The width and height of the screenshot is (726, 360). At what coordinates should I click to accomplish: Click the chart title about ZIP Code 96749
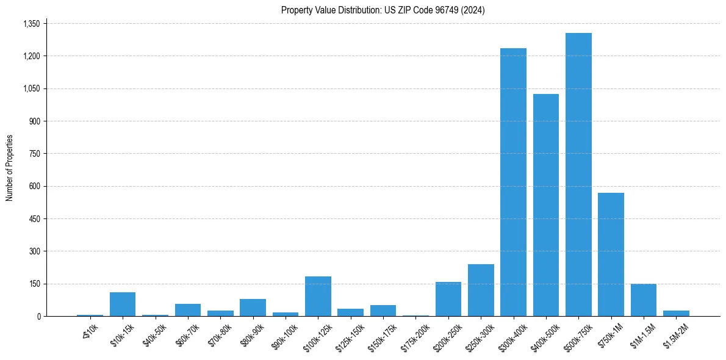tap(383, 10)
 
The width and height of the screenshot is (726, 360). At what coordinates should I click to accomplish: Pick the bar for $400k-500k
tap(546, 205)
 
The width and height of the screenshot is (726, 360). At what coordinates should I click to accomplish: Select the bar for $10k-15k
tap(123, 304)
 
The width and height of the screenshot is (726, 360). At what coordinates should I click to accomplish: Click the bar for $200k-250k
tap(448, 299)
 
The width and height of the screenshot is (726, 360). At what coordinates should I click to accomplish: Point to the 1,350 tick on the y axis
tap(31, 24)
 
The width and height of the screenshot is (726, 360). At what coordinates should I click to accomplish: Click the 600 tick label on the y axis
tap(34, 186)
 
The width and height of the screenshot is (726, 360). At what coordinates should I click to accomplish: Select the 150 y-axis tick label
tap(34, 284)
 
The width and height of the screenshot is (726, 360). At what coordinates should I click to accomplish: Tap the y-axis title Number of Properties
tap(10, 168)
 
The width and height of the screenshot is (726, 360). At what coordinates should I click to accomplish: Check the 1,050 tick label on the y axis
tap(31, 88)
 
